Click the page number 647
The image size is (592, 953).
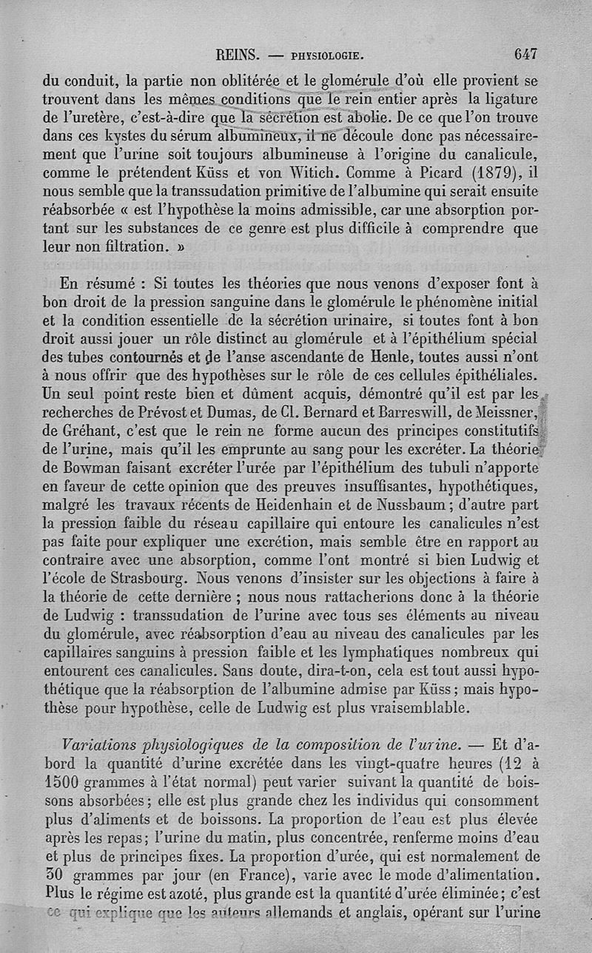pos(524,54)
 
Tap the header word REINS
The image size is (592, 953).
pos(237,55)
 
